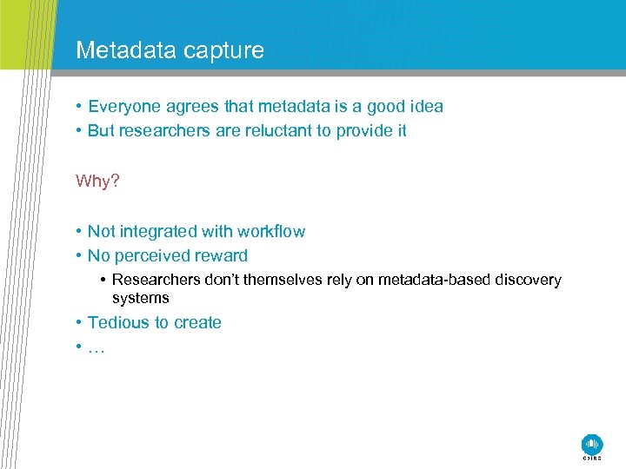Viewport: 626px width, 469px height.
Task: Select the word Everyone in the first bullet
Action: tap(123, 107)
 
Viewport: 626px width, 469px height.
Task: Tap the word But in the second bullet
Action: tap(102, 131)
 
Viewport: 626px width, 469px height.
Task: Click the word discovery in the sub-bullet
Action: tap(528, 280)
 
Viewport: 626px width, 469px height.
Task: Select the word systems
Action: tap(141, 298)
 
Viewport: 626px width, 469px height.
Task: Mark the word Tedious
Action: tap(118, 323)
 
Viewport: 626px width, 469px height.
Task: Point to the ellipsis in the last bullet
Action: tap(96, 347)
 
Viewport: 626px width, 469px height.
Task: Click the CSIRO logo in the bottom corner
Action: tap(591, 444)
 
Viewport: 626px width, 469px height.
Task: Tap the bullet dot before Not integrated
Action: tap(79, 232)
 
